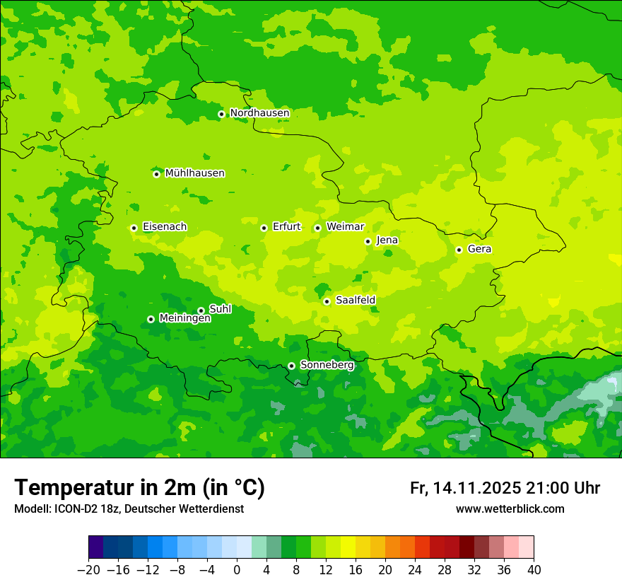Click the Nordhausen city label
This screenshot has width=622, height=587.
coord(259,113)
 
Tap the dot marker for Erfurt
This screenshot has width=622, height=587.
coord(264,228)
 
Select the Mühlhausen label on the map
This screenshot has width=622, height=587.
coord(194,173)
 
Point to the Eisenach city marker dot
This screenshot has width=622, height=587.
coord(134,228)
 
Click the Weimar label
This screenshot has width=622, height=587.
coord(345,227)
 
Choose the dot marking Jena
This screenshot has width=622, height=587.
coord(368,241)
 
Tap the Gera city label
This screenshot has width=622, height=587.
coord(479,249)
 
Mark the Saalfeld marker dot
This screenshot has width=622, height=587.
coord(327,301)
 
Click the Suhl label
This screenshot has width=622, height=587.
coord(221,309)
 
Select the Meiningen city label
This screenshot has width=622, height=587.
coord(185,319)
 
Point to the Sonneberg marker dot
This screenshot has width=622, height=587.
coord(291,366)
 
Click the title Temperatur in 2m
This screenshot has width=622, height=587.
coord(139,488)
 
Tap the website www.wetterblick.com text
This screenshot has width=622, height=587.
coord(510,509)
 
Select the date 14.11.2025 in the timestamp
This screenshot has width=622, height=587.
coord(477,488)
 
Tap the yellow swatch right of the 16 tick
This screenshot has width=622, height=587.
coord(363,547)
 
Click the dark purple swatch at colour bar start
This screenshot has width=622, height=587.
coord(95,547)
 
